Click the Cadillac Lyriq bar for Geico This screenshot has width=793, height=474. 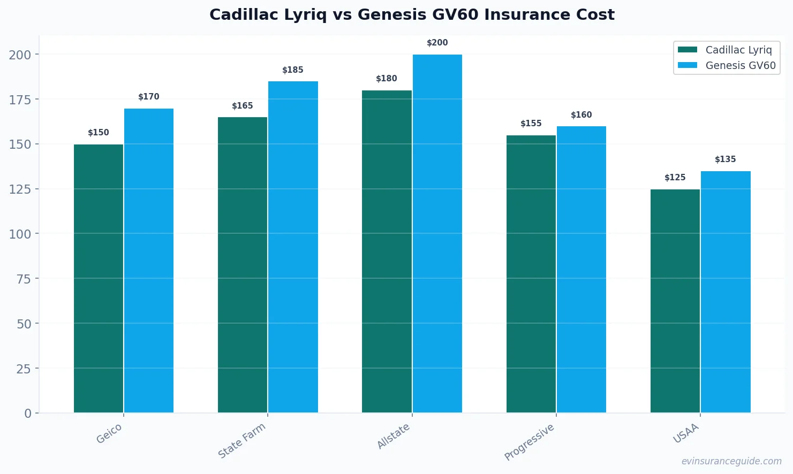click(99, 278)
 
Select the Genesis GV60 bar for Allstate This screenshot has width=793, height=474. click(437, 233)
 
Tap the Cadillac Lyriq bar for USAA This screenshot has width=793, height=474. click(675, 301)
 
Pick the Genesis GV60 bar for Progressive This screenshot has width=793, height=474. click(581, 269)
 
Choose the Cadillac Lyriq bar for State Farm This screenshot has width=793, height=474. click(243, 265)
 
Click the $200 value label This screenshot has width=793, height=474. click(437, 43)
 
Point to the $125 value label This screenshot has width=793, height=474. click(675, 178)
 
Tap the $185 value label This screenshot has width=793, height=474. click(293, 70)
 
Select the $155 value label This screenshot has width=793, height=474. click(531, 124)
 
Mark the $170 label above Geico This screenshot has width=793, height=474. click(149, 97)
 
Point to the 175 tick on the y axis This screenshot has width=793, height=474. click(20, 100)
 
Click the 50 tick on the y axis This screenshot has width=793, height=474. click(24, 324)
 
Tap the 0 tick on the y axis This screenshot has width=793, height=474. click(28, 413)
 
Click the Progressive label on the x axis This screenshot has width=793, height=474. click(530, 442)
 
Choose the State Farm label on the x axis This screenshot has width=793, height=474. click(242, 440)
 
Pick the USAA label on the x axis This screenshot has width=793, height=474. click(686, 433)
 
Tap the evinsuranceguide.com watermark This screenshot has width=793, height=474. click(731, 461)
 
